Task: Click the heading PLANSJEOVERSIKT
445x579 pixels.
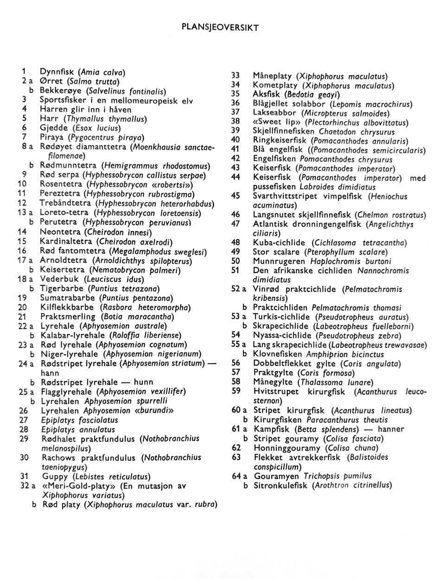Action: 220,27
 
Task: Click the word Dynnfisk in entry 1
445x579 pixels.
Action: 58,72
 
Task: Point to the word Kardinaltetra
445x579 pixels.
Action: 66,242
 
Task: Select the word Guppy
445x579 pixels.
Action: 55,476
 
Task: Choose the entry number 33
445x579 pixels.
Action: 235,76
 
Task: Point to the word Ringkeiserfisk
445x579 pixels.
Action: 280,140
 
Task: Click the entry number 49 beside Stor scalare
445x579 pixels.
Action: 235,252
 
